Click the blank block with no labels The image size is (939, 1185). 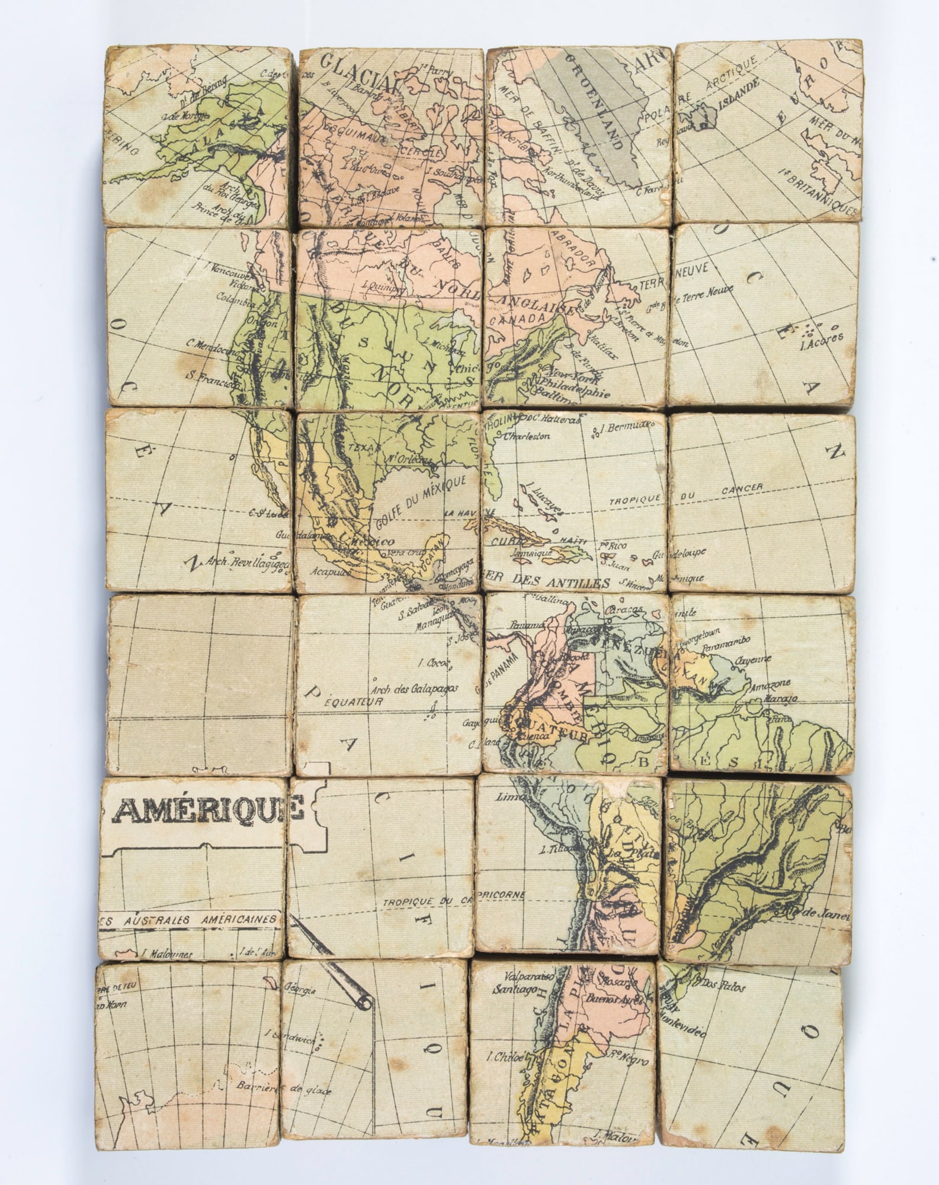click(x=200, y=684)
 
